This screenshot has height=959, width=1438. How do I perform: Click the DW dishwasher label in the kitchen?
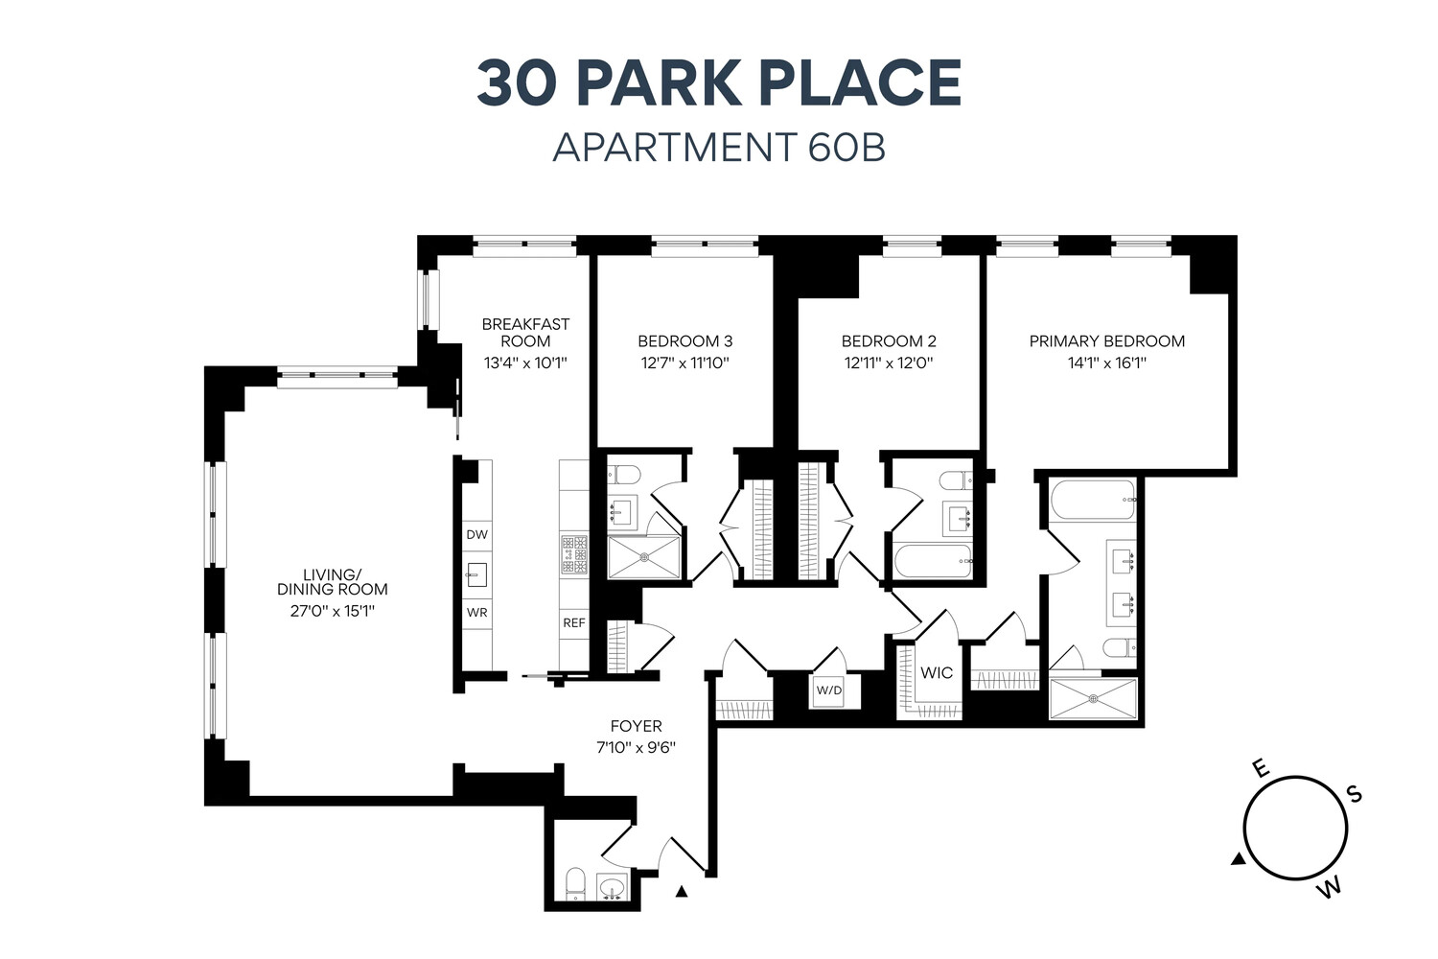coord(476,534)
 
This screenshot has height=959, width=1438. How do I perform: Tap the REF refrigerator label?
coord(573,622)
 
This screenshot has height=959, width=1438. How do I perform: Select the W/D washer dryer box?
coord(827,690)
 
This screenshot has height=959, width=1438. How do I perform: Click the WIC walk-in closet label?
coord(936,672)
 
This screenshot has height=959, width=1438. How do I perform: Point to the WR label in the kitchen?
coord(476,612)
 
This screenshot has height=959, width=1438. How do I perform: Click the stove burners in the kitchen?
coord(574,554)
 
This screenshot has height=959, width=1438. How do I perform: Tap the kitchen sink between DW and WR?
coord(477,574)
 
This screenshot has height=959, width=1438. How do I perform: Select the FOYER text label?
coord(636,726)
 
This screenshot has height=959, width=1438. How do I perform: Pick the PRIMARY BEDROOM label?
coord(1106,340)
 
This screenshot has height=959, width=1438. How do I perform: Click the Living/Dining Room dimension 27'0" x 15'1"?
coord(332,611)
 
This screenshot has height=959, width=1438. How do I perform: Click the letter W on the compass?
coord(1329,888)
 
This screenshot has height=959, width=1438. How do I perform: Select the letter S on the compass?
coord(1354,794)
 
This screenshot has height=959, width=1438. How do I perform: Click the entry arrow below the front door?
coord(682,892)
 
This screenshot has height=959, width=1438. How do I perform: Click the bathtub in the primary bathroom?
coord(1092,500)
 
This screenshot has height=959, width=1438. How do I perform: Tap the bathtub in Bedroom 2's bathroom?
coord(935,561)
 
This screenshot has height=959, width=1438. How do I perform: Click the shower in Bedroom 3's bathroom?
coord(644,557)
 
